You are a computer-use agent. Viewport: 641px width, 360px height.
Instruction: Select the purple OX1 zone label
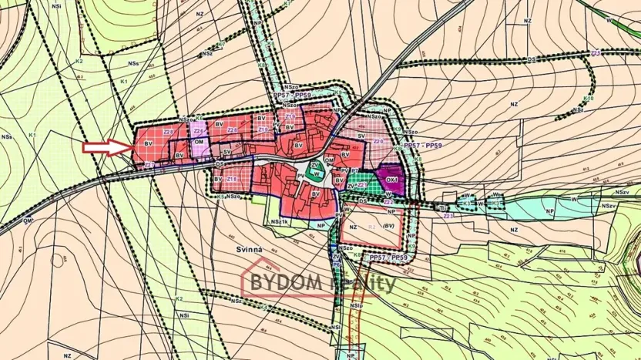click(x=393, y=181)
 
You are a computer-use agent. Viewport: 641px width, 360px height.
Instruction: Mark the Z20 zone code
click(x=378, y=142)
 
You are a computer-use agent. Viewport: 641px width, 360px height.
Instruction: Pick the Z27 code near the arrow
click(x=149, y=165)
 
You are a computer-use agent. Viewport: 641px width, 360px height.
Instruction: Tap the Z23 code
click(x=448, y=217)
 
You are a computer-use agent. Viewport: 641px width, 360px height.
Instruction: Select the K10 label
click(x=589, y=99)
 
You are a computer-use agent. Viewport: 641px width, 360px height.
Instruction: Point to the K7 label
click(x=287, y=4)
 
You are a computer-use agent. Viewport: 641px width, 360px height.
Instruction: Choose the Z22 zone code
click(x=389, y=203)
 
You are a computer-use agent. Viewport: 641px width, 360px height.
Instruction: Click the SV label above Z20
click(x=361, y=134)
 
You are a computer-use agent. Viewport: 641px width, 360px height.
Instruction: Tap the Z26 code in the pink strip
click(x=199, y=131)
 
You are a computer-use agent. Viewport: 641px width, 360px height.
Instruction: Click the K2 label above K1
click(x=79, y=60)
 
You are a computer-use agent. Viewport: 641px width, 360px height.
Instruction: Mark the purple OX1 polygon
click(x=394, y=174)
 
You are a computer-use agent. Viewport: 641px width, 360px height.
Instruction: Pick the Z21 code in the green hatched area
click(x=361, y=185)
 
